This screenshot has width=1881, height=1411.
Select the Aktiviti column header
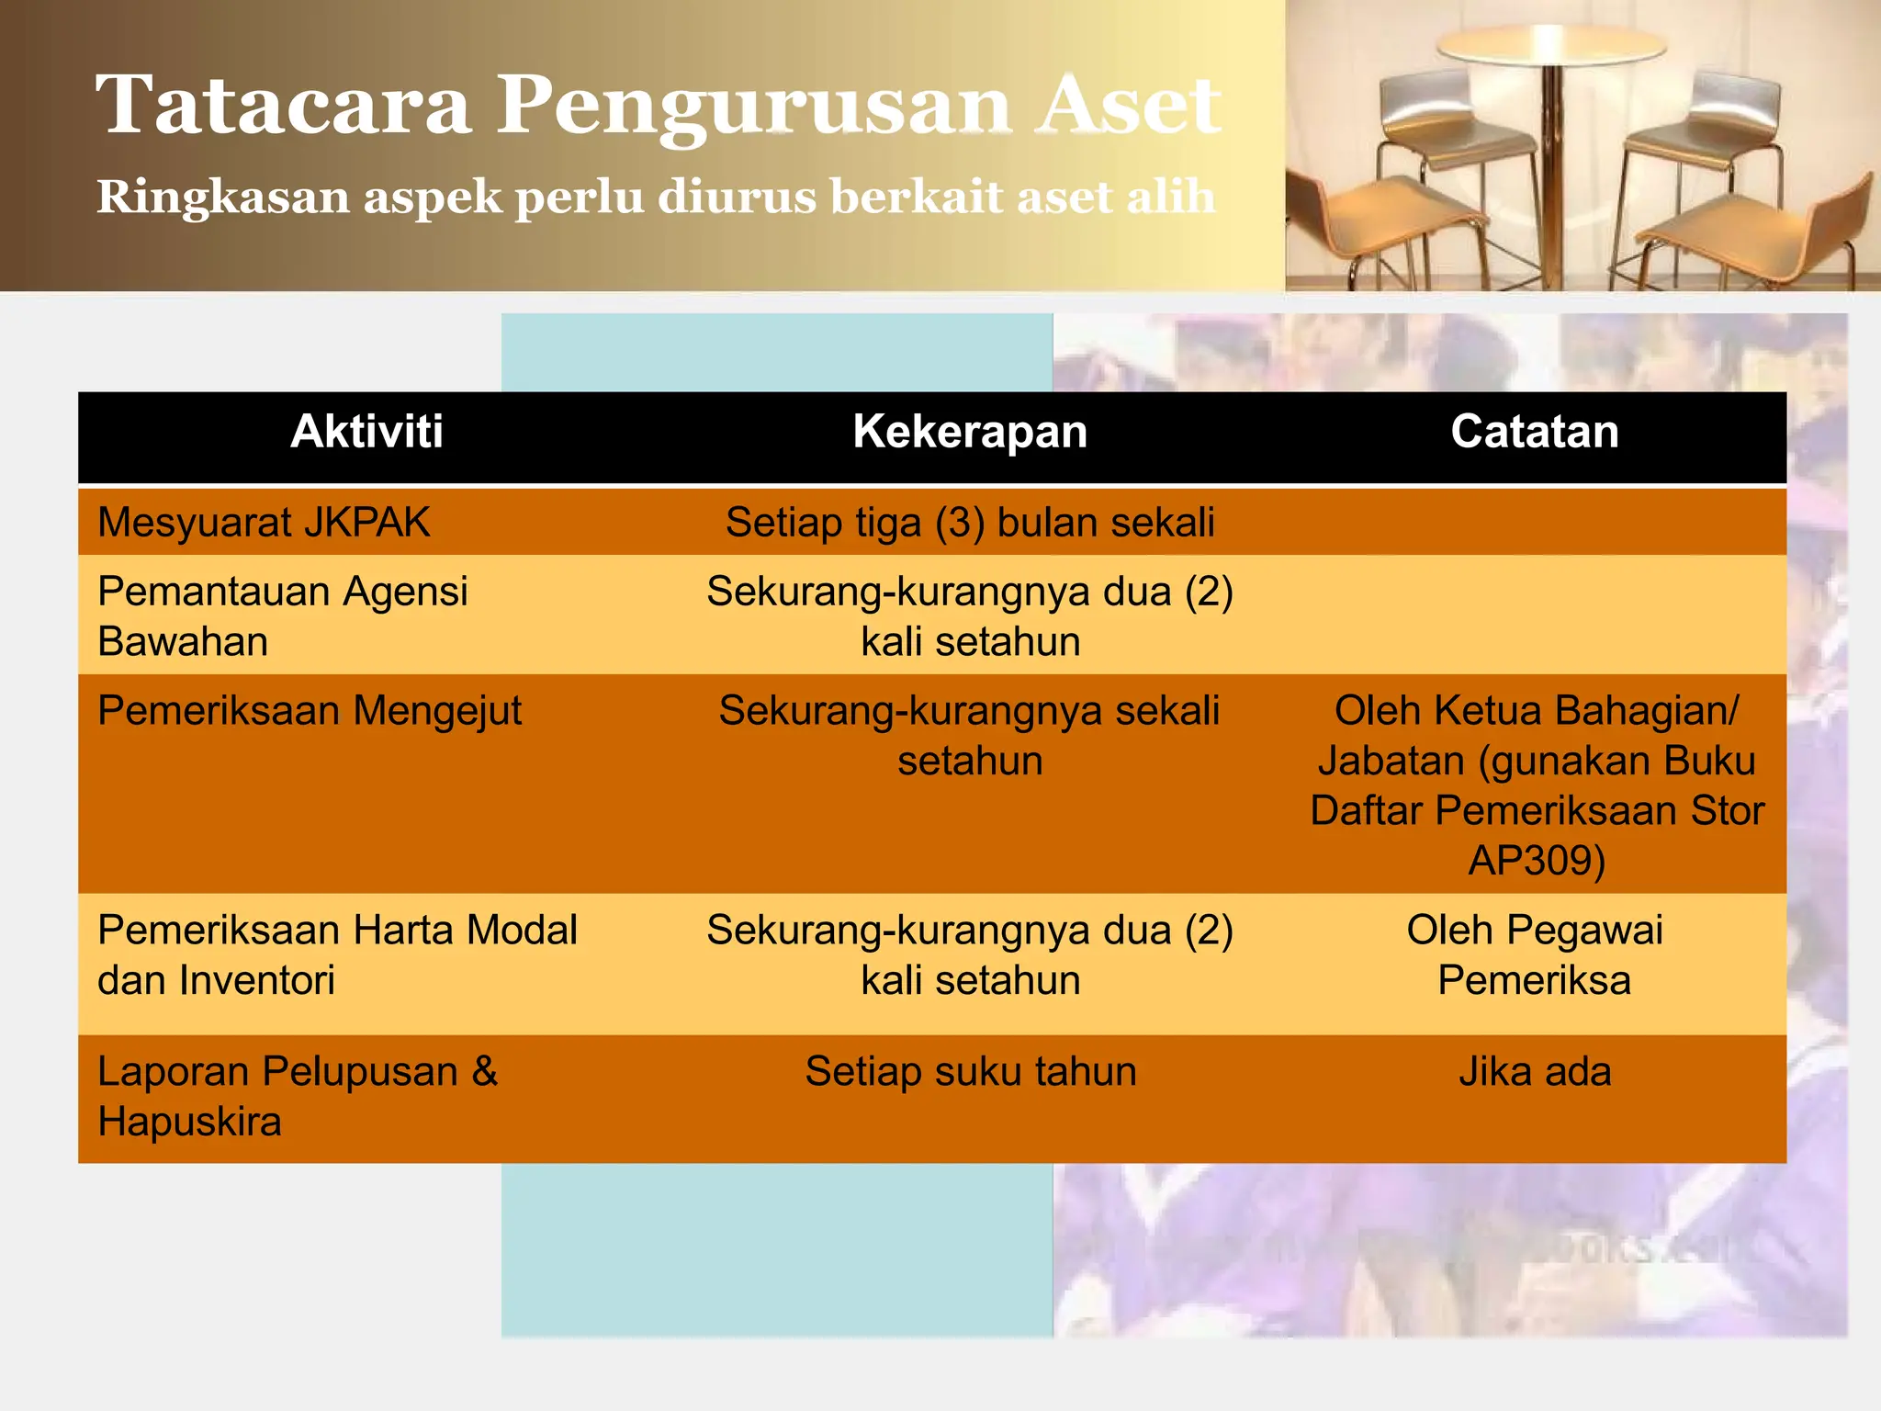[366, 432]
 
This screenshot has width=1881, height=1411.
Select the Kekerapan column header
[970, 432]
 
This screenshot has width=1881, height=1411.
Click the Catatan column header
[1535, 432]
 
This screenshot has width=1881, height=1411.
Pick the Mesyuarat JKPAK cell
[264, 523]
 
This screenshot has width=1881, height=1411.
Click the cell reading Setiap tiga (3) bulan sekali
[970, 523]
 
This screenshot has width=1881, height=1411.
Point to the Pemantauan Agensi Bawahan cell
[282, 616]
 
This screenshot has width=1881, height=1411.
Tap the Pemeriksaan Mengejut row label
[310, 711]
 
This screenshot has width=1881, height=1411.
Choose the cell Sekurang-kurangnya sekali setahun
[970, 736]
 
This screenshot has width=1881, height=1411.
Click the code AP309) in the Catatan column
[1537, 861]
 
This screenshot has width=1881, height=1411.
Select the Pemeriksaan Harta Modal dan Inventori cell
[337, 955]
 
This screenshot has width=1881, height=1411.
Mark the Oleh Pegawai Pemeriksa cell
[1535, 955]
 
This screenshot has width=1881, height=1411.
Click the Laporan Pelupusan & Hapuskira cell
[298, 1097]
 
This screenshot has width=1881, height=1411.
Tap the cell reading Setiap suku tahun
[971, 1072]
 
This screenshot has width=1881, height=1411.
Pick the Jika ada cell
[1535, 1072]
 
